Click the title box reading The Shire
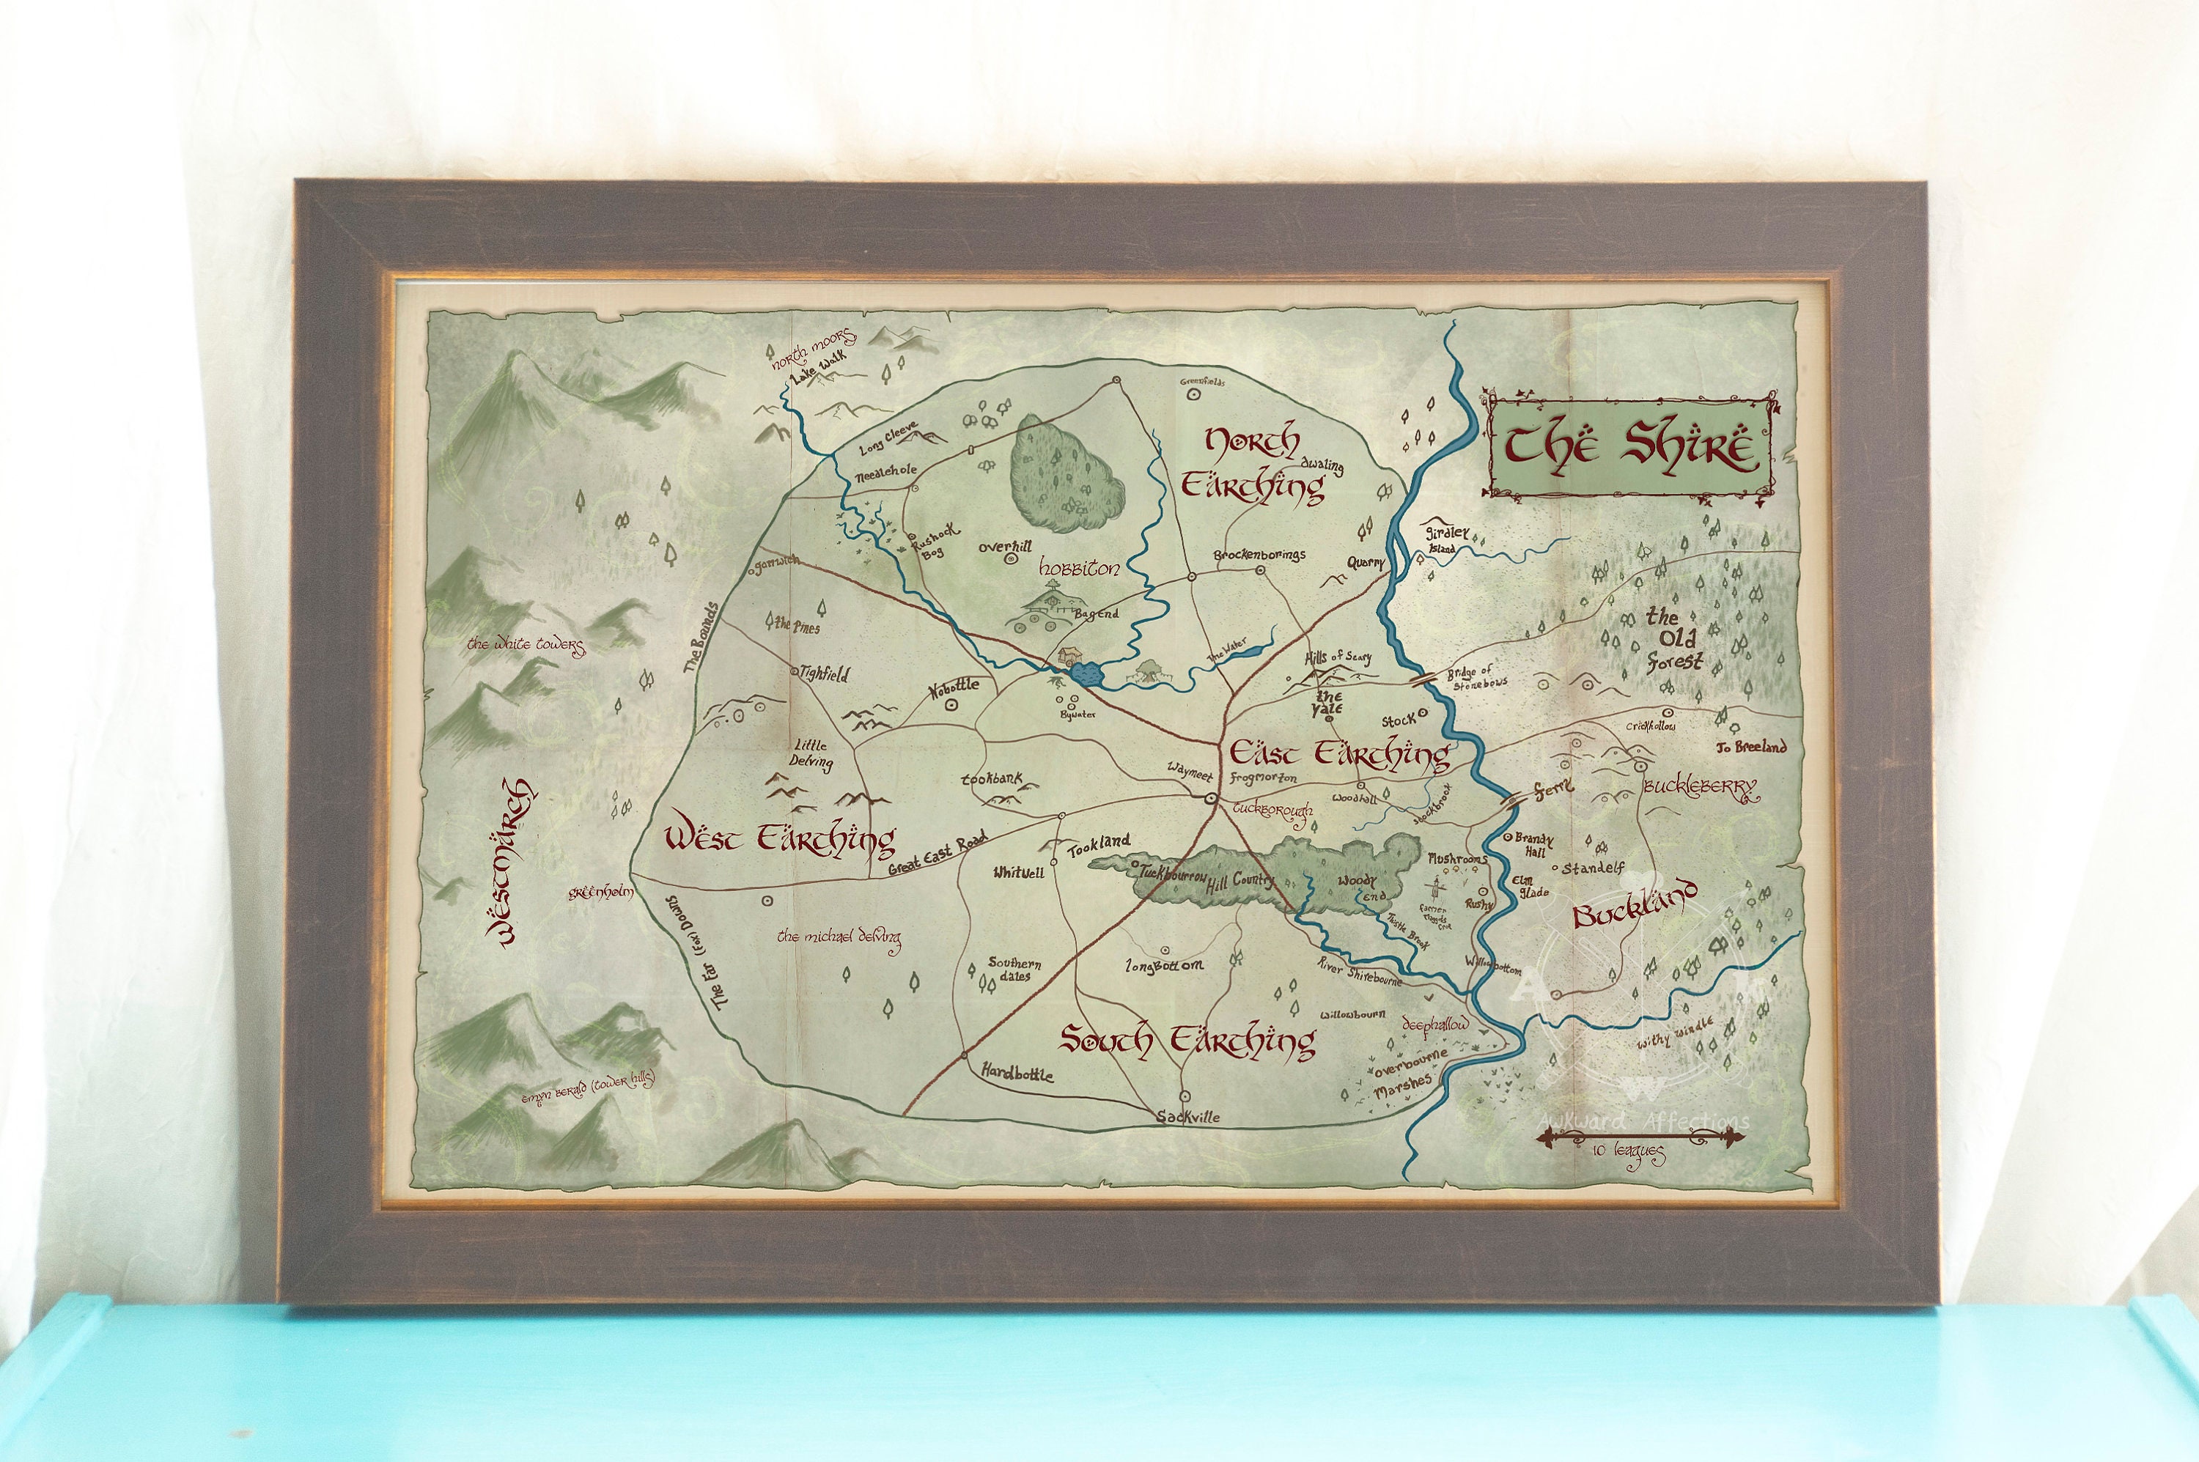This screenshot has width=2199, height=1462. pyautogui.click(x=1630, y=448)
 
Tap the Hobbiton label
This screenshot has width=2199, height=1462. pyautogui.click(x=1079, y=569)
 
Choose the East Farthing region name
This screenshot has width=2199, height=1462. pyautogui.click(x=1339, y=753)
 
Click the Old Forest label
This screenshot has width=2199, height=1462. pyautogui.click(x=1675, y=640)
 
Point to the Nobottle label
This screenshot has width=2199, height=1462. pyautogui.click(x=955, y=686)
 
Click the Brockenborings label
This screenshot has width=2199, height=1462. pyautogui.click(x=1259, y=555)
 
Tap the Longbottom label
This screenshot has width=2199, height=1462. pyautogui.click(x=1164, y=966)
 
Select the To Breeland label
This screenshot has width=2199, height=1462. pyautogui.click(x=1751, y=746)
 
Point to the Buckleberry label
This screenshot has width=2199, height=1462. pyautogui.click(x=1699, y=788)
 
